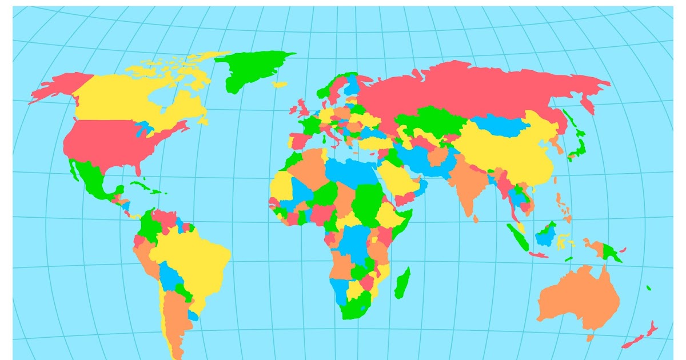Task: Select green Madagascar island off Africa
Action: pyautogui.click(x=403, y=283)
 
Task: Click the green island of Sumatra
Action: pyautogui.click(x=517, y=237)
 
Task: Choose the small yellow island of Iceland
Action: pyautogui.click(x=280, y=85)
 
